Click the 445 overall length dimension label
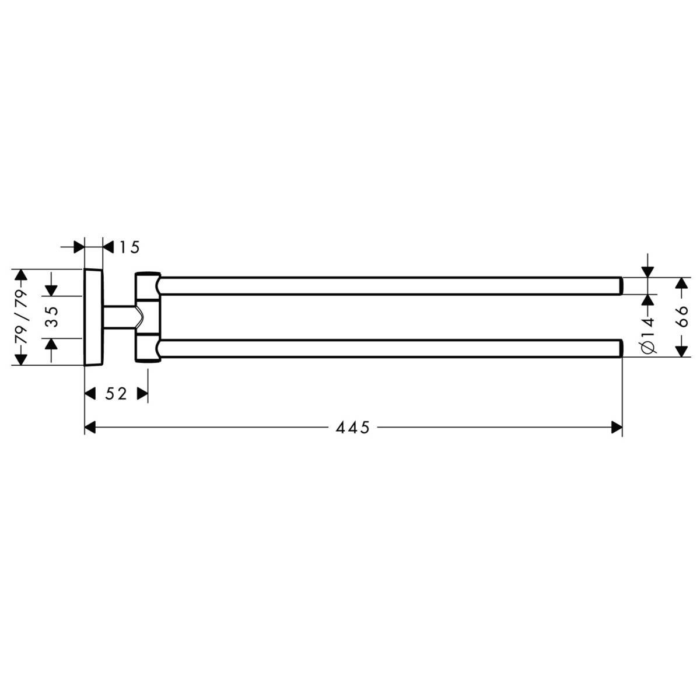pos(352,428)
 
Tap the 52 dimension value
pos(116,393)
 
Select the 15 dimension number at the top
pos(129,247)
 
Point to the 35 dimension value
pos(54,316)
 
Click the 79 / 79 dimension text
pos(21,317)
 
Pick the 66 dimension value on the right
pos(683,316)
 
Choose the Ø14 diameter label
pos(649,335)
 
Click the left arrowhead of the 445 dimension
pos(90,428)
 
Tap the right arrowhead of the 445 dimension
pos(617,428)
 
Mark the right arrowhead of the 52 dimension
pos(142,393)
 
